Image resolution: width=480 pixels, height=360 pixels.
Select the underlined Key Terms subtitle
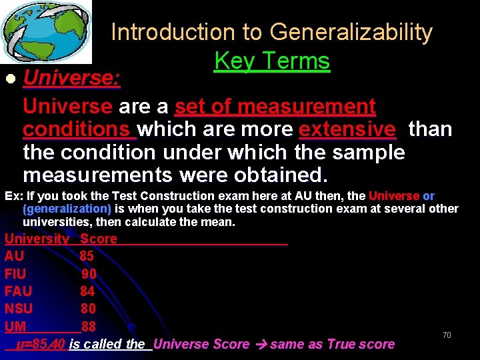click(x=272, y=61)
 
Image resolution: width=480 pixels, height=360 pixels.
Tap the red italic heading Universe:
click(x=72, y=79)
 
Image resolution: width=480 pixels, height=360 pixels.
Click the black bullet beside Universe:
click(x=9, y=79)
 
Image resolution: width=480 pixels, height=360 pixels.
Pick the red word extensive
click(x=347, y=129)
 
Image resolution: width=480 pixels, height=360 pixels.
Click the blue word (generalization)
click(x=67, y=209)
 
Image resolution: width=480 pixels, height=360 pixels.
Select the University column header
click(x=37, y=239)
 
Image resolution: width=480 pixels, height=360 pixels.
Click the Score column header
click(x=98, y=239)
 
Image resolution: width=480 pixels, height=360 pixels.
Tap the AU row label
click(x=14, y=256)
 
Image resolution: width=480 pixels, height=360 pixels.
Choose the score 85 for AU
click(x=87, y=256)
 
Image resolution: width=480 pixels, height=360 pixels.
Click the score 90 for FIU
click(x=89, y=274)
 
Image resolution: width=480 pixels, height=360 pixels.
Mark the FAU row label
click(x=18, y=291)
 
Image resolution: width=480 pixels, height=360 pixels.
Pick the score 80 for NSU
click(x=88, y=309)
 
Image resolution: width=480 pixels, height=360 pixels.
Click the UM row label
click(x=15, y=327)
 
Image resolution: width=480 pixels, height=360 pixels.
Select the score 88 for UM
click(x=89, y=327)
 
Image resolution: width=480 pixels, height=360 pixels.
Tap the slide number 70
click(x=447, y=335)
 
